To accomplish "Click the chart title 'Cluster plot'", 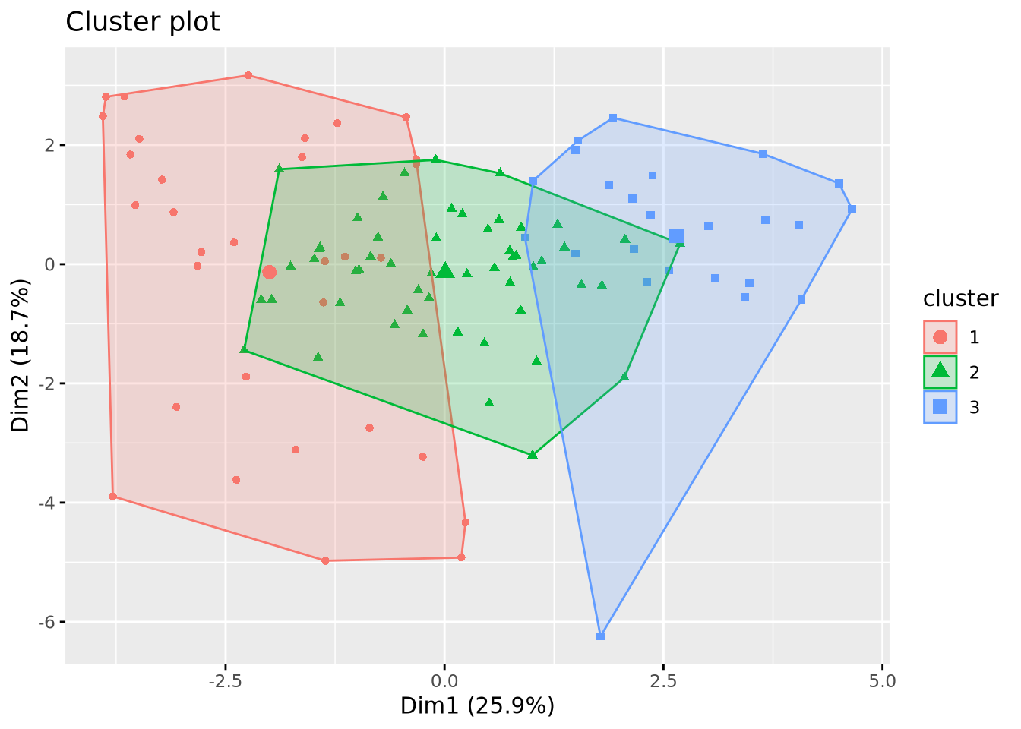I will tap(142, 22).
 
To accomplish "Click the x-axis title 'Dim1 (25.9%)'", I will tap(477, 706).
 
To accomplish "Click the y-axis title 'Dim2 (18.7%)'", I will tap(21, 355).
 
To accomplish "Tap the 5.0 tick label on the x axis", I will tap(882, 681).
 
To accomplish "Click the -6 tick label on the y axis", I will tap(47, 622).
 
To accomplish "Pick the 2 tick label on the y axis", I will tap(50, 145).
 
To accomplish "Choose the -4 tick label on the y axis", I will tap(47, 503).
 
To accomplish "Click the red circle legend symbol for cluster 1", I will tap(940, 337).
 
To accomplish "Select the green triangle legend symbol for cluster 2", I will tap(940, 371).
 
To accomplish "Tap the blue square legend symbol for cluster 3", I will tap(940, 407).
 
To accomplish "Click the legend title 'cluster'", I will tap(960, 299).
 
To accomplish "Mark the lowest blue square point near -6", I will tap(600, 636).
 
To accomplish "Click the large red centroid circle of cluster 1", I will tap(269, 272).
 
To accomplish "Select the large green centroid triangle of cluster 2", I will tap(445, 270).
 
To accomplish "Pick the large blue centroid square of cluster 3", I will tap(676, 236).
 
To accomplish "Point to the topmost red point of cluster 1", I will tap(248, 75).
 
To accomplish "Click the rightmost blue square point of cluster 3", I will tap(852, 209).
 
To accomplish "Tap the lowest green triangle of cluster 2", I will tap(532, 454).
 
